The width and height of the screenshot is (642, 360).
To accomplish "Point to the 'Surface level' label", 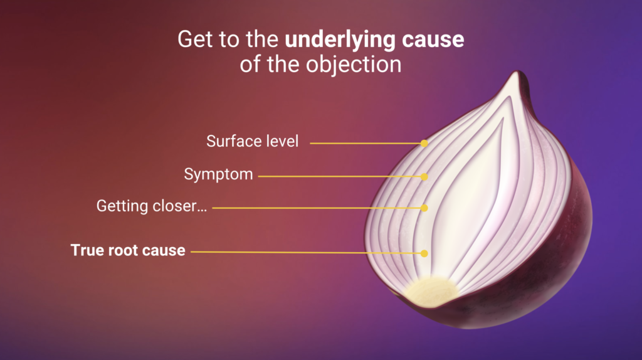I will click(x=253, y=141).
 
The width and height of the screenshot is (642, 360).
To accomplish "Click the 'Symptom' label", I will click(x=218, y=174).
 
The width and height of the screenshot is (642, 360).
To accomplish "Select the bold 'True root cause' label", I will click(x=128, y=250).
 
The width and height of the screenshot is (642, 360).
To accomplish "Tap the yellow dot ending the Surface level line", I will click(x=424, y=143).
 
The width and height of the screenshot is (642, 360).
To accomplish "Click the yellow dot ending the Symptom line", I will click(x=424, y=177).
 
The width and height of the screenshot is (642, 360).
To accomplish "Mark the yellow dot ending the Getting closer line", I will click(x=424, y=208).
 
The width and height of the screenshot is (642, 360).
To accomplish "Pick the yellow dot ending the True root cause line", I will click(x=424, y=253).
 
